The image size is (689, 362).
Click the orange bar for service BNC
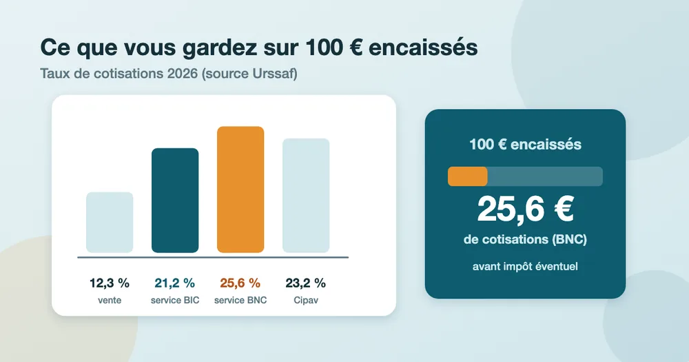(240, 190)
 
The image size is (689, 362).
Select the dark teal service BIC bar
(175, 201)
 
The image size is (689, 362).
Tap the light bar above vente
(110, 222)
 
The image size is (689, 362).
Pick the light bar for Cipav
(306, 196)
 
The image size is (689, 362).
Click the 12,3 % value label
(110, 283)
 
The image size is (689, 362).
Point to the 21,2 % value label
(175, 283)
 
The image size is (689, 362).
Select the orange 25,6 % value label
(240, 283)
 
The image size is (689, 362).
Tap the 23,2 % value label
(306, 283)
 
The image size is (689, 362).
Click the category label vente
(110, 301)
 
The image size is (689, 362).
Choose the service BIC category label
(175, 301)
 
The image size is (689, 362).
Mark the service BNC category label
(240, 301)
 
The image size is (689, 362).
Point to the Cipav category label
(306, 301)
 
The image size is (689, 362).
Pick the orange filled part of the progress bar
(468, 177)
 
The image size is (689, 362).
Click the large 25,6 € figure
(526, 210)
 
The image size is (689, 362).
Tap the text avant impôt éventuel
(525, 267)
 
